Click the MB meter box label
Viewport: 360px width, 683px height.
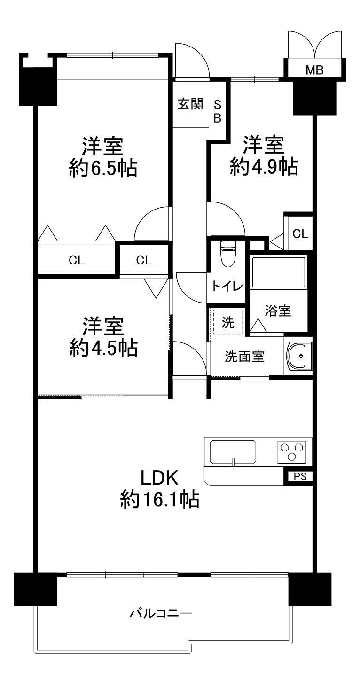(314, 70)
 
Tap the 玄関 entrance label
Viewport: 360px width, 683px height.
(190, 104)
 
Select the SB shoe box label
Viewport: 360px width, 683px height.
(217, 111)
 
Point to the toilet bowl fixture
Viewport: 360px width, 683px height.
(228, 253)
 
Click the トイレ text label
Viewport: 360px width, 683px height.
(227, 287)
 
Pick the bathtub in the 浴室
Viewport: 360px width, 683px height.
(278, 272)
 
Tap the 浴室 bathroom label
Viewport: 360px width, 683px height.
(278, 310)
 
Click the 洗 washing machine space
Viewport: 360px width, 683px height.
(228, 322)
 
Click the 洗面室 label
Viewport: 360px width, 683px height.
(244, 357)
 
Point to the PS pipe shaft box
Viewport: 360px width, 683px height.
(300, 476)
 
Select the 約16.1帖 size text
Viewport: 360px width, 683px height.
(160, 499)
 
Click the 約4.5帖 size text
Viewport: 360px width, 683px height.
(103, 348)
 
